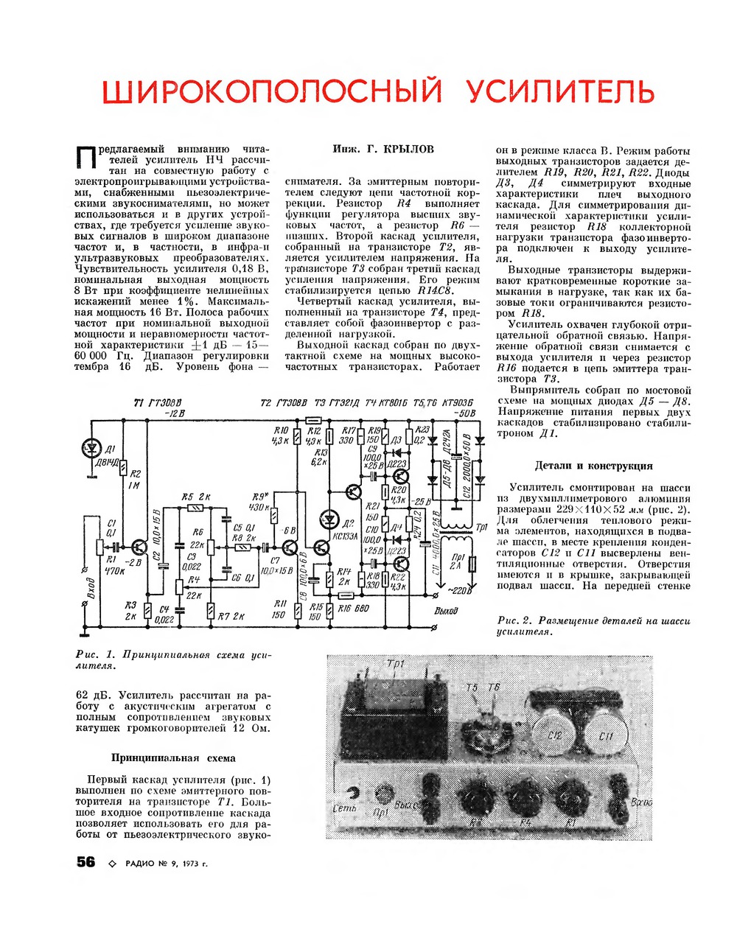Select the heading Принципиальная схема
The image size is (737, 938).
coord(173,757)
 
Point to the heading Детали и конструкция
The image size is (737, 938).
coord(593,466)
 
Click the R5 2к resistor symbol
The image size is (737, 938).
coord(196,508)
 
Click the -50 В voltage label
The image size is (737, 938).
coord(465,413)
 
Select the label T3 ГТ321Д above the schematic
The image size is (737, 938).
coord(337,402)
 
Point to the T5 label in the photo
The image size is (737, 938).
coord(472,687)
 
